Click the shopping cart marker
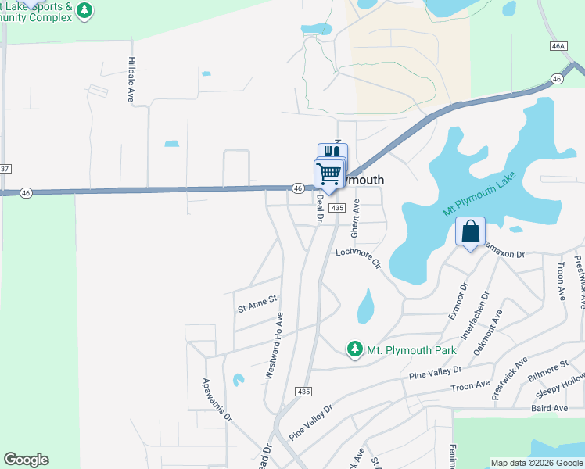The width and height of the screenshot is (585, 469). tap(329, 174)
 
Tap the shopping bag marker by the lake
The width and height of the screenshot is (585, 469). tap(470, 232)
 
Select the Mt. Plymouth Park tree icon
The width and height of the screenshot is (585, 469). tap(354, 349)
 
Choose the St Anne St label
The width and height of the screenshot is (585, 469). tap(257, 299)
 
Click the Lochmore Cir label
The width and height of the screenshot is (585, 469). tap(358, 257)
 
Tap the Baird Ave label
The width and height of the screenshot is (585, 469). tap(549, 408)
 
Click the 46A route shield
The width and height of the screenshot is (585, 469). tap(558, 47)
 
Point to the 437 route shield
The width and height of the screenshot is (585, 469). tap(4, 169)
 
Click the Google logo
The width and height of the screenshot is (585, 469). tap(26, 460)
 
